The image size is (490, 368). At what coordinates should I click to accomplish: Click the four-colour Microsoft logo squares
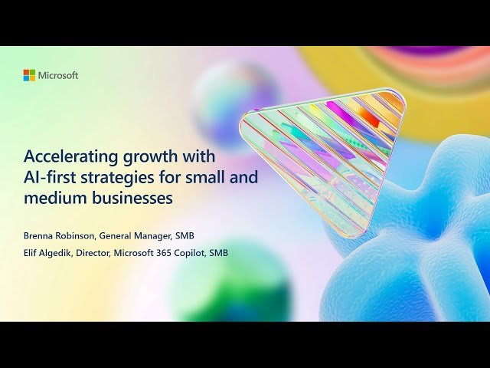29,75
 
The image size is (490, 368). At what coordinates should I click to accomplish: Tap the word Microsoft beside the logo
58,75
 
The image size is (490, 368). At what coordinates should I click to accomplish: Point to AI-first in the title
51,178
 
